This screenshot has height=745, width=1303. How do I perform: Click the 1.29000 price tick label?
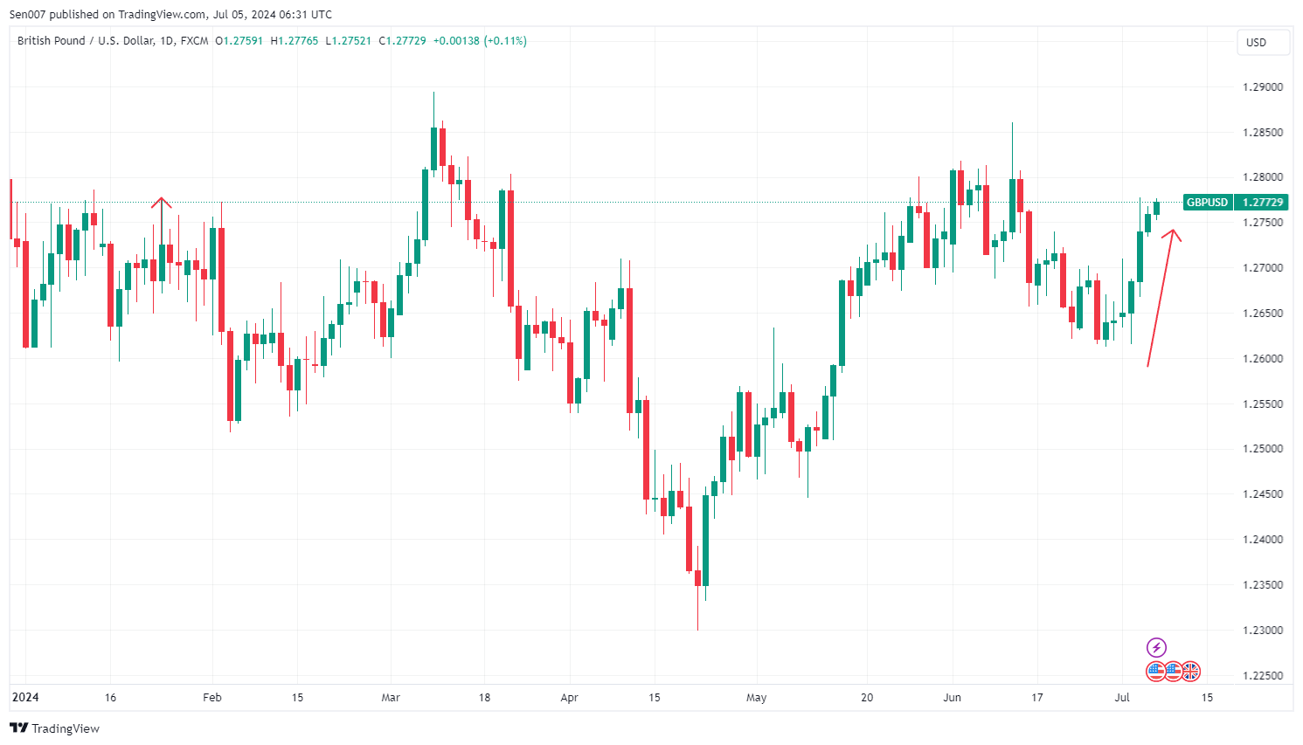(1262, 87)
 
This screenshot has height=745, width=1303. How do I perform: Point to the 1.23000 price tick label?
(1262, 631)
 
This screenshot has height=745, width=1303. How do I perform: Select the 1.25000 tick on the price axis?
(1262, 449)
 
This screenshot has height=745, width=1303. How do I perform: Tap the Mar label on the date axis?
(391, 698)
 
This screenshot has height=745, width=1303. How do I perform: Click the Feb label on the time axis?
(211, 698)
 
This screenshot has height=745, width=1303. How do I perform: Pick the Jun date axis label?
(952, 698)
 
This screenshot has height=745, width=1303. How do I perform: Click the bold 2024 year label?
(25, 698)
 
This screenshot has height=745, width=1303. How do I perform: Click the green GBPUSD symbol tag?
(1207, 203)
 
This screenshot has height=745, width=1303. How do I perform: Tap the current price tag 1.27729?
(1263, 203)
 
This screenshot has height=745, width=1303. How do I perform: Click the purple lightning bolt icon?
(1156, 647)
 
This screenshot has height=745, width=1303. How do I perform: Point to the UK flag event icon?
(1190, 672)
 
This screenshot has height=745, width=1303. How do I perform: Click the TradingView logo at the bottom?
(54, 728)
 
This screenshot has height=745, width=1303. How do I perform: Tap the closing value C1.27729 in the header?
(402, 41)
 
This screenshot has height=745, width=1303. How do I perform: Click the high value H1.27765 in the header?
(295, 41)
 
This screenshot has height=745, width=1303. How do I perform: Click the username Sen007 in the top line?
(27, 14)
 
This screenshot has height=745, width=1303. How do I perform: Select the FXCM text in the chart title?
(194, 41)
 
